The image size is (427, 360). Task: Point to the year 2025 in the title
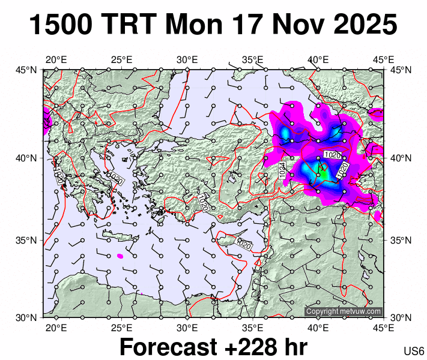363,25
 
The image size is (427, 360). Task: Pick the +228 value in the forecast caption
246,347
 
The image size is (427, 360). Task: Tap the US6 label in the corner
414,350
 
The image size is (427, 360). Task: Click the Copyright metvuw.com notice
344,311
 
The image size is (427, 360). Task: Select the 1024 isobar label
282,170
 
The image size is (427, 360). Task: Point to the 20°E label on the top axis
56,60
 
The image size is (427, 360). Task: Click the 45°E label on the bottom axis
383,328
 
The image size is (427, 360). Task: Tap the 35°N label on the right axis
401,240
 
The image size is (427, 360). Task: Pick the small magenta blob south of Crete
120,256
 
